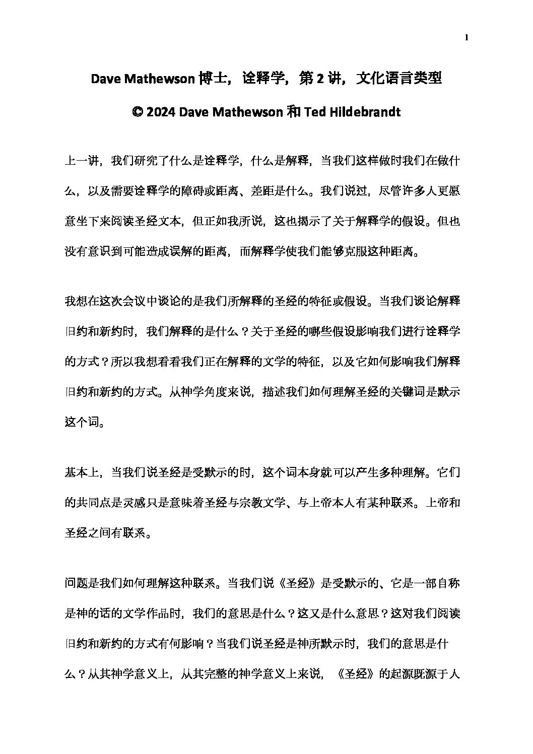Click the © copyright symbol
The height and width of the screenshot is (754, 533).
[138, 112]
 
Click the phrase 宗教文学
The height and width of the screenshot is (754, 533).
[268, 503]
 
